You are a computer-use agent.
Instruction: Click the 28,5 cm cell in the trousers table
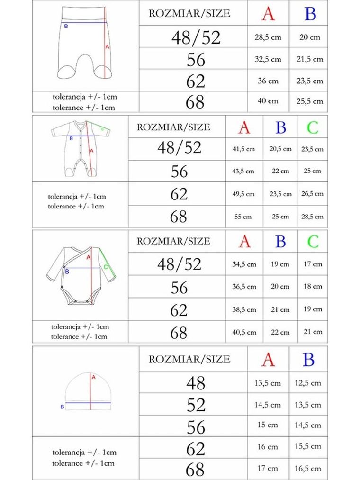pos(268,37)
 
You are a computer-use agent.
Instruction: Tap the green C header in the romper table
pos(312,127)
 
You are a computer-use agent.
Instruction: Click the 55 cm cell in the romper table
pos(243,217)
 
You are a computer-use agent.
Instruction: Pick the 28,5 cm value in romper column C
pos(312,217)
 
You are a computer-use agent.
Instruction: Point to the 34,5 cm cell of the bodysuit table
pos(244,264)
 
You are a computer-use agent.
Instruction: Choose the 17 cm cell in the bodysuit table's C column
pos(313,263)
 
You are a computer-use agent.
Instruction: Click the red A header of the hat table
pos(268,360)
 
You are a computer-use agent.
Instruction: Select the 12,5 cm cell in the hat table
pos(308,383)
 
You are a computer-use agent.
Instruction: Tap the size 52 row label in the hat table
pos(196,405)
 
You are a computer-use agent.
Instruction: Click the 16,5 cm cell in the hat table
pos(308,469)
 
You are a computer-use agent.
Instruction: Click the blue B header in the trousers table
pos(310,14)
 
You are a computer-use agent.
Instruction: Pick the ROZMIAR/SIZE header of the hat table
pos(189,359)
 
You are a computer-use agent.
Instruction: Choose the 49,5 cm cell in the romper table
pos(243,194)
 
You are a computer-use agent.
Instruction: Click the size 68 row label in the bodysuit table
pos(179,333)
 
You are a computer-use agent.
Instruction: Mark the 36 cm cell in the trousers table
pos(268,81)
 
